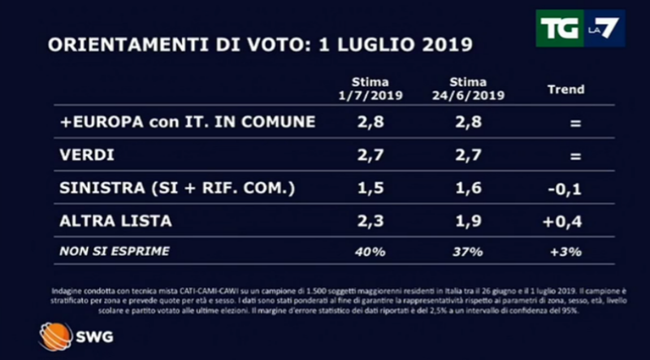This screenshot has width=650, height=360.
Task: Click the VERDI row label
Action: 87,155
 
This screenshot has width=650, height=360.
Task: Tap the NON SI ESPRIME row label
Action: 115,251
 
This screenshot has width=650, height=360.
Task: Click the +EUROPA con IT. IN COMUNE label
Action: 188,123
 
